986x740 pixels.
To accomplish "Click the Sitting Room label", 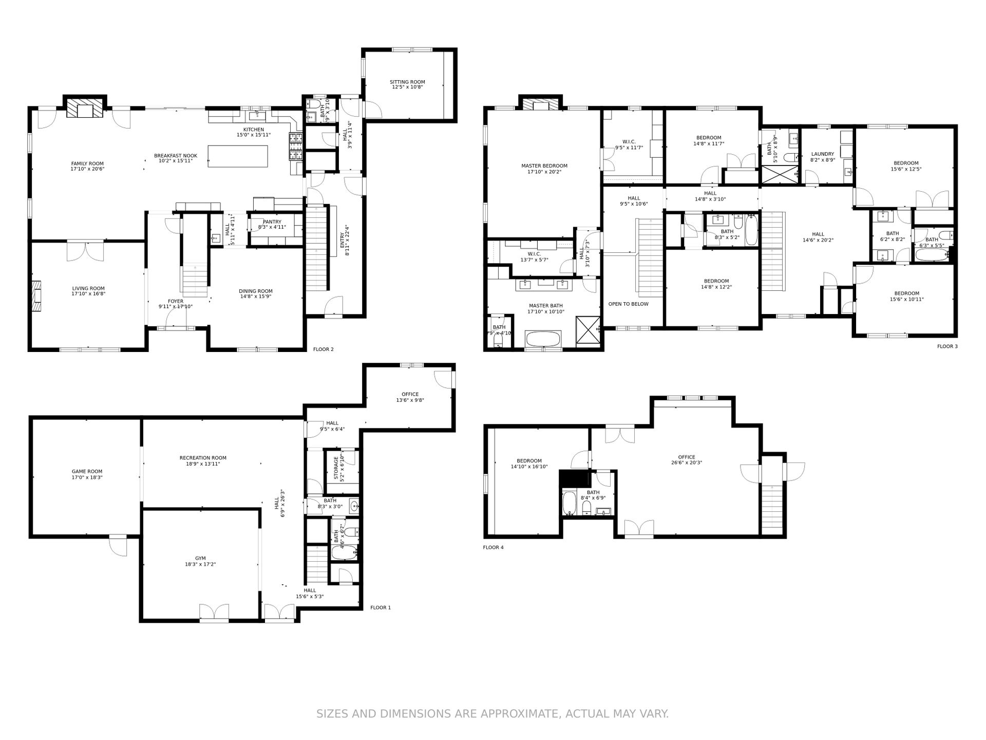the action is [407, 82].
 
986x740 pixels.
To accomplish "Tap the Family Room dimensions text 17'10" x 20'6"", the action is [87, 169].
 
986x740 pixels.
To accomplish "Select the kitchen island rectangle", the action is [238, 156].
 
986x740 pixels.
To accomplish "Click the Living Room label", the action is [88, 289].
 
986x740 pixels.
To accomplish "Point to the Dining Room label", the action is [255, 291].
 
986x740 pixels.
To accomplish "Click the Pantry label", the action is [272, 222].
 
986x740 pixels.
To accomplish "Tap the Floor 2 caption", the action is [323, 349].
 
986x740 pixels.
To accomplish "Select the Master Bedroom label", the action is [544, 166].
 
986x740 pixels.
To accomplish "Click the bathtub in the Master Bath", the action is [543, 340].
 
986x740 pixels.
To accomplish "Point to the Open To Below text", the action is [628, 304].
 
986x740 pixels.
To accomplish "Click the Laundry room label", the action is [822, 154].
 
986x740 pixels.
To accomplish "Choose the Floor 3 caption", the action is [947, 346].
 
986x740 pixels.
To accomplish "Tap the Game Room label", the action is [87, 471].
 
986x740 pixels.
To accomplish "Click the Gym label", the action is [200, 558].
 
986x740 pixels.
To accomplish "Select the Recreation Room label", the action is [203, 458].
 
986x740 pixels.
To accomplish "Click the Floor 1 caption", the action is [380, 607].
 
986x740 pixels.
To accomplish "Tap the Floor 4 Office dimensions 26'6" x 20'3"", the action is [686, 462].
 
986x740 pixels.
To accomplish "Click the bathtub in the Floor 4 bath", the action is [568, 504].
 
